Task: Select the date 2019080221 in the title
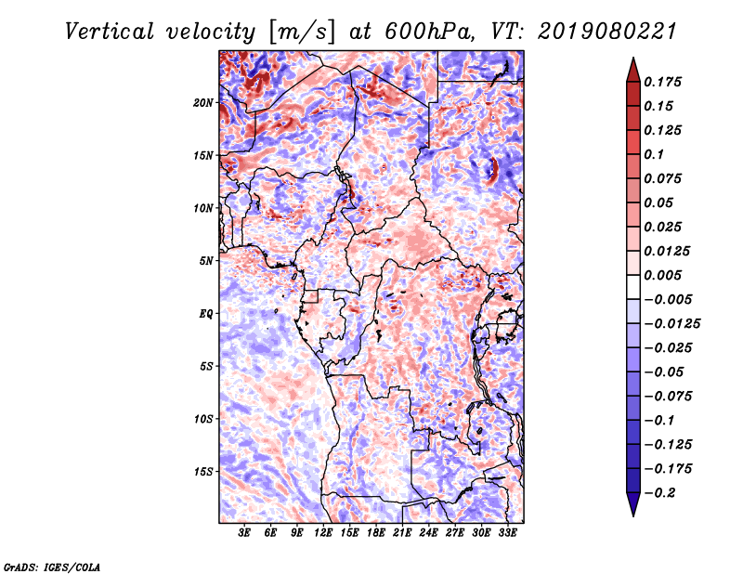coord(595,31)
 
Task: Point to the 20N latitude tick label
coord(203,102)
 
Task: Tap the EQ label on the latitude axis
coord(206,314)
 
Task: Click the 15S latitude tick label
coord(203,472)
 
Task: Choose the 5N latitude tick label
coord(206,261)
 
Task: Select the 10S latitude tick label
coord(203,419)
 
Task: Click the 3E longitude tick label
coord(245,534)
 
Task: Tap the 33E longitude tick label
coord(508,534)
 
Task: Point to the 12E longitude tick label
coord(324,534)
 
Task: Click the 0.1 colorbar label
coord(656,154)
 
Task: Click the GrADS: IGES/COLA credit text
coord(52,566)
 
